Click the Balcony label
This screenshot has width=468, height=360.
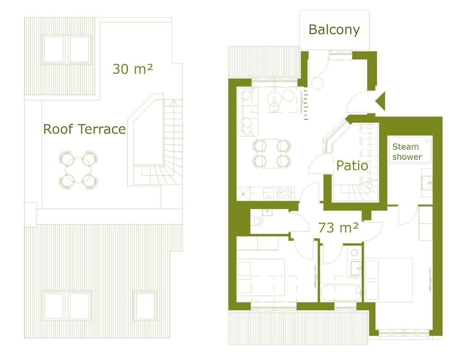(334, 30)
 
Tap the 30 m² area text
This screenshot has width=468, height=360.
(132, 69)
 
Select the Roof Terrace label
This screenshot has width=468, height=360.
(84, 129)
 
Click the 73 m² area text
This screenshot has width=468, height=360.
(338, 228)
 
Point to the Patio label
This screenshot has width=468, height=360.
(352, 165)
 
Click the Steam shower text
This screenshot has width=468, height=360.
(407, 152)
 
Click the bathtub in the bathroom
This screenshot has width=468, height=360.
(341, 293)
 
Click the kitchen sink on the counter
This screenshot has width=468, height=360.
(269, 193)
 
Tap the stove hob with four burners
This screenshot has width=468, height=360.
(284, 193)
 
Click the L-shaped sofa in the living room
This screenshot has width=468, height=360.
(248, 112)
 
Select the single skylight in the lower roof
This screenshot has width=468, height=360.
(145, 305)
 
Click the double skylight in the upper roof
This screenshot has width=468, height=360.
(66, 49)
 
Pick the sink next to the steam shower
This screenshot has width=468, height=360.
(426, 182)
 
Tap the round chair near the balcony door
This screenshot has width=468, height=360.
(317, 83)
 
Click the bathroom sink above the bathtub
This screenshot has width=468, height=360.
(355, 267)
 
